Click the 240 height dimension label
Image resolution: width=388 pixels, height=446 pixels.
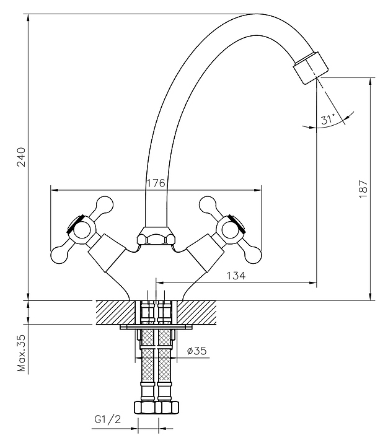pos(20,158)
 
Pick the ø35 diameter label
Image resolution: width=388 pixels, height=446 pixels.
pos(196,351)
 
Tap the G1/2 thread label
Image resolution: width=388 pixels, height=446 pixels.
pos(107,420)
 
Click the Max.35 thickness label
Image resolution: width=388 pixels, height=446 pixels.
pos(20,353)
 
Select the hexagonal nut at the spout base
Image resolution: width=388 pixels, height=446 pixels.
pos(154,237)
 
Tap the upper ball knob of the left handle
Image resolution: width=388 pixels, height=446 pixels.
pos(104,204)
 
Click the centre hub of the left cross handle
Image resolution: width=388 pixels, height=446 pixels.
pos(82,229)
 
